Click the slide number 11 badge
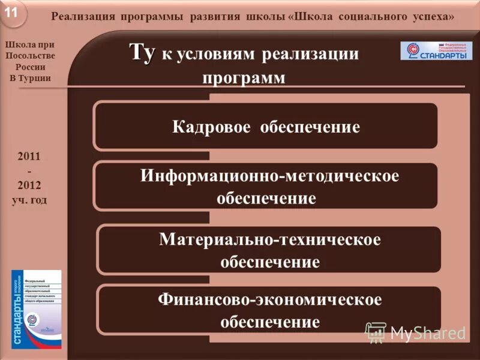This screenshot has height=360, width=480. point(14,13)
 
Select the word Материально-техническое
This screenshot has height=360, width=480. point(270,239)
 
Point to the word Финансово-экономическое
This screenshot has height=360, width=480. point(270,299)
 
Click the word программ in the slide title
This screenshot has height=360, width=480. point(244,78)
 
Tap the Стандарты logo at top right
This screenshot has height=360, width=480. point(436,50)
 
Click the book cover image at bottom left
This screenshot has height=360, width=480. point(36,309)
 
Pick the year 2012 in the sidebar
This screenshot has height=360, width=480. point(29,185)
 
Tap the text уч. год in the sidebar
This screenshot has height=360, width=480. point(29,200)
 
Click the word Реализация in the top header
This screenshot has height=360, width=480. point(82,17)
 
